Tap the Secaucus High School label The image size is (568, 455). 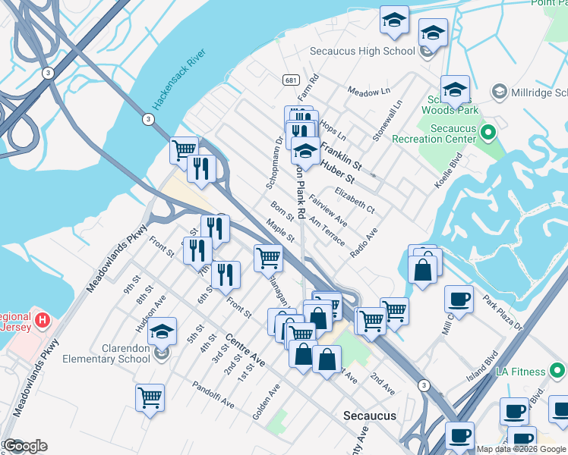tap(362, 52)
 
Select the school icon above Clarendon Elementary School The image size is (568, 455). tap(162, 331)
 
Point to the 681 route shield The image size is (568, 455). tap(291, 80)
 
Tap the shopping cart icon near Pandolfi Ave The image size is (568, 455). tap(150, 397)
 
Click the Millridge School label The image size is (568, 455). tap(535, 91)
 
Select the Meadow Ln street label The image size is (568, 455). tap(368, 91)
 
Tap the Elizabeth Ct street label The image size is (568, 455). tap(354, 199)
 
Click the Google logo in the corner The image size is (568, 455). tap(26, 445)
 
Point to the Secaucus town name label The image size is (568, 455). tap(368, 416)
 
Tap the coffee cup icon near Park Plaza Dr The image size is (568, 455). tap(460, 299)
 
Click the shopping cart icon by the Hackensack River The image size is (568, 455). tap(183, 149)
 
